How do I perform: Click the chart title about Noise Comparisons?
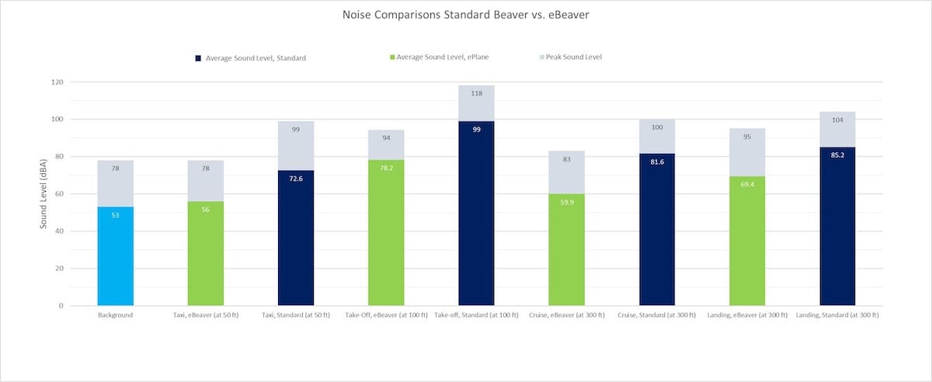coord(465,15)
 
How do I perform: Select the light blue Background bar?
coord(115,256)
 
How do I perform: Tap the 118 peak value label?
coord(476,93)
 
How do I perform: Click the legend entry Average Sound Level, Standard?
coord(250,58)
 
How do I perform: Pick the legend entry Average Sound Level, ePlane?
coord(440,57)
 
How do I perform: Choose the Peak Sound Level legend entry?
coord(571,57)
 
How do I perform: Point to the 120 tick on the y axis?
coord(57,82)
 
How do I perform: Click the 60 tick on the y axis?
coord(60,194)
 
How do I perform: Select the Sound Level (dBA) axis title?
coord(43,193)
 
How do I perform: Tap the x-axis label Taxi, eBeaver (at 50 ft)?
coord(206,315)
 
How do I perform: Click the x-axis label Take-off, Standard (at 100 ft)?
coord(476,315)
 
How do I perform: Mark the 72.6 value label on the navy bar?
coord(296,179)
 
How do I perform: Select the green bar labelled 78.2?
coord(386,233)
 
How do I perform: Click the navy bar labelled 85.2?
coord(837,226)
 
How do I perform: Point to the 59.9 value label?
coord(567,202)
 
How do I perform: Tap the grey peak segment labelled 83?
coord(567,172)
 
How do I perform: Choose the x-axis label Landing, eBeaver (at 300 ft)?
coord(747,315)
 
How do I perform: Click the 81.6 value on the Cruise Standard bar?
coord(657,161)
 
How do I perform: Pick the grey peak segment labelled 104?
coord(837,129)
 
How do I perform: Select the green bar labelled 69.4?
coord(747,241)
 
